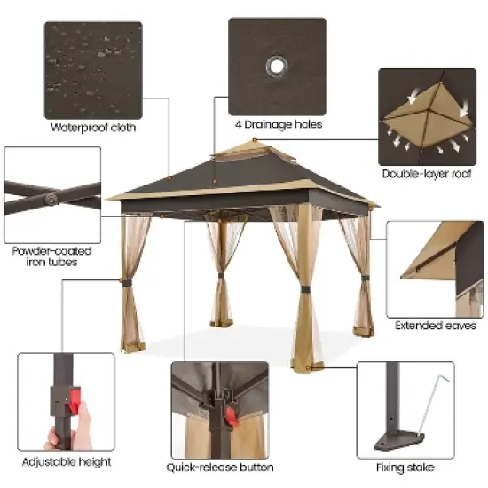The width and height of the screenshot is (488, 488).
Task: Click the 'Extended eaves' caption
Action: pos(436,326)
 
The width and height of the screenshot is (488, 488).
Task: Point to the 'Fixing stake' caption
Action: pos(405,467)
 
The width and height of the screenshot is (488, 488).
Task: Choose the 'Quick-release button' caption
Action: pos(220,467)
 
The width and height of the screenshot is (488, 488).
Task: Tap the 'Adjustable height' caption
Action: pos(66,461)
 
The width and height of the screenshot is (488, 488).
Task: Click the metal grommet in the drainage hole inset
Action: pos(277,67)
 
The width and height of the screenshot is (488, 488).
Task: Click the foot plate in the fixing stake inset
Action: pos(400,440)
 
